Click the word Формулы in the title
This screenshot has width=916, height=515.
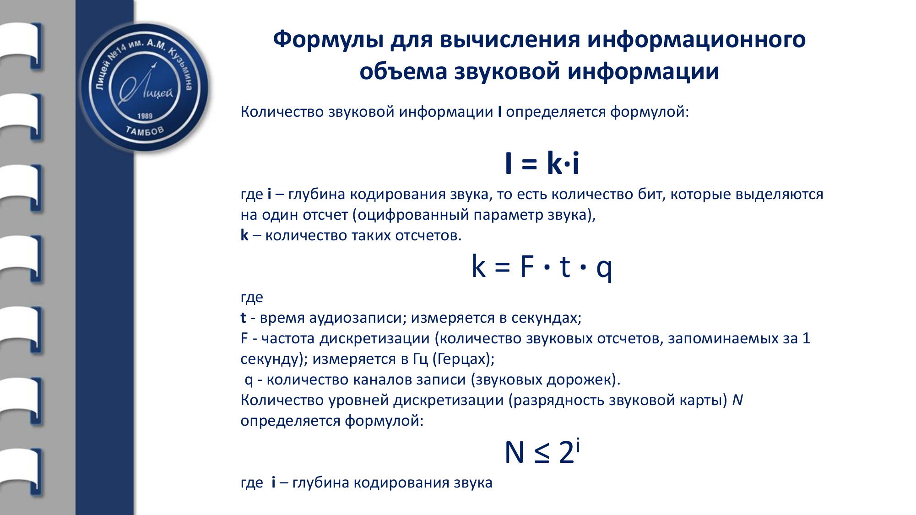[328, 40]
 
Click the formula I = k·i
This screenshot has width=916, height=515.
[542, 163]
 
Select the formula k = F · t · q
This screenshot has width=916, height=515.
[542, 266]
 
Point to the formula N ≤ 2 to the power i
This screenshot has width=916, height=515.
[542, 452]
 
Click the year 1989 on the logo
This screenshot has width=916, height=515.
[145, 116]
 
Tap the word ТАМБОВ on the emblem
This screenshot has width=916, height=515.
[145, 131]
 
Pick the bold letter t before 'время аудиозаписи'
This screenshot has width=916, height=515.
[243, 318]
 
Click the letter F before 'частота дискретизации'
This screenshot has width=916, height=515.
[244, 338]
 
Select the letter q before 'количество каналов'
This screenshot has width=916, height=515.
[249, 380]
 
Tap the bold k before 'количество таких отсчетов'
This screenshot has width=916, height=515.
[244, 235]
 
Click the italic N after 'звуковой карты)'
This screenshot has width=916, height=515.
[737, 400]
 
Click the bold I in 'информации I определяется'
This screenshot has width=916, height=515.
[500, 112]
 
